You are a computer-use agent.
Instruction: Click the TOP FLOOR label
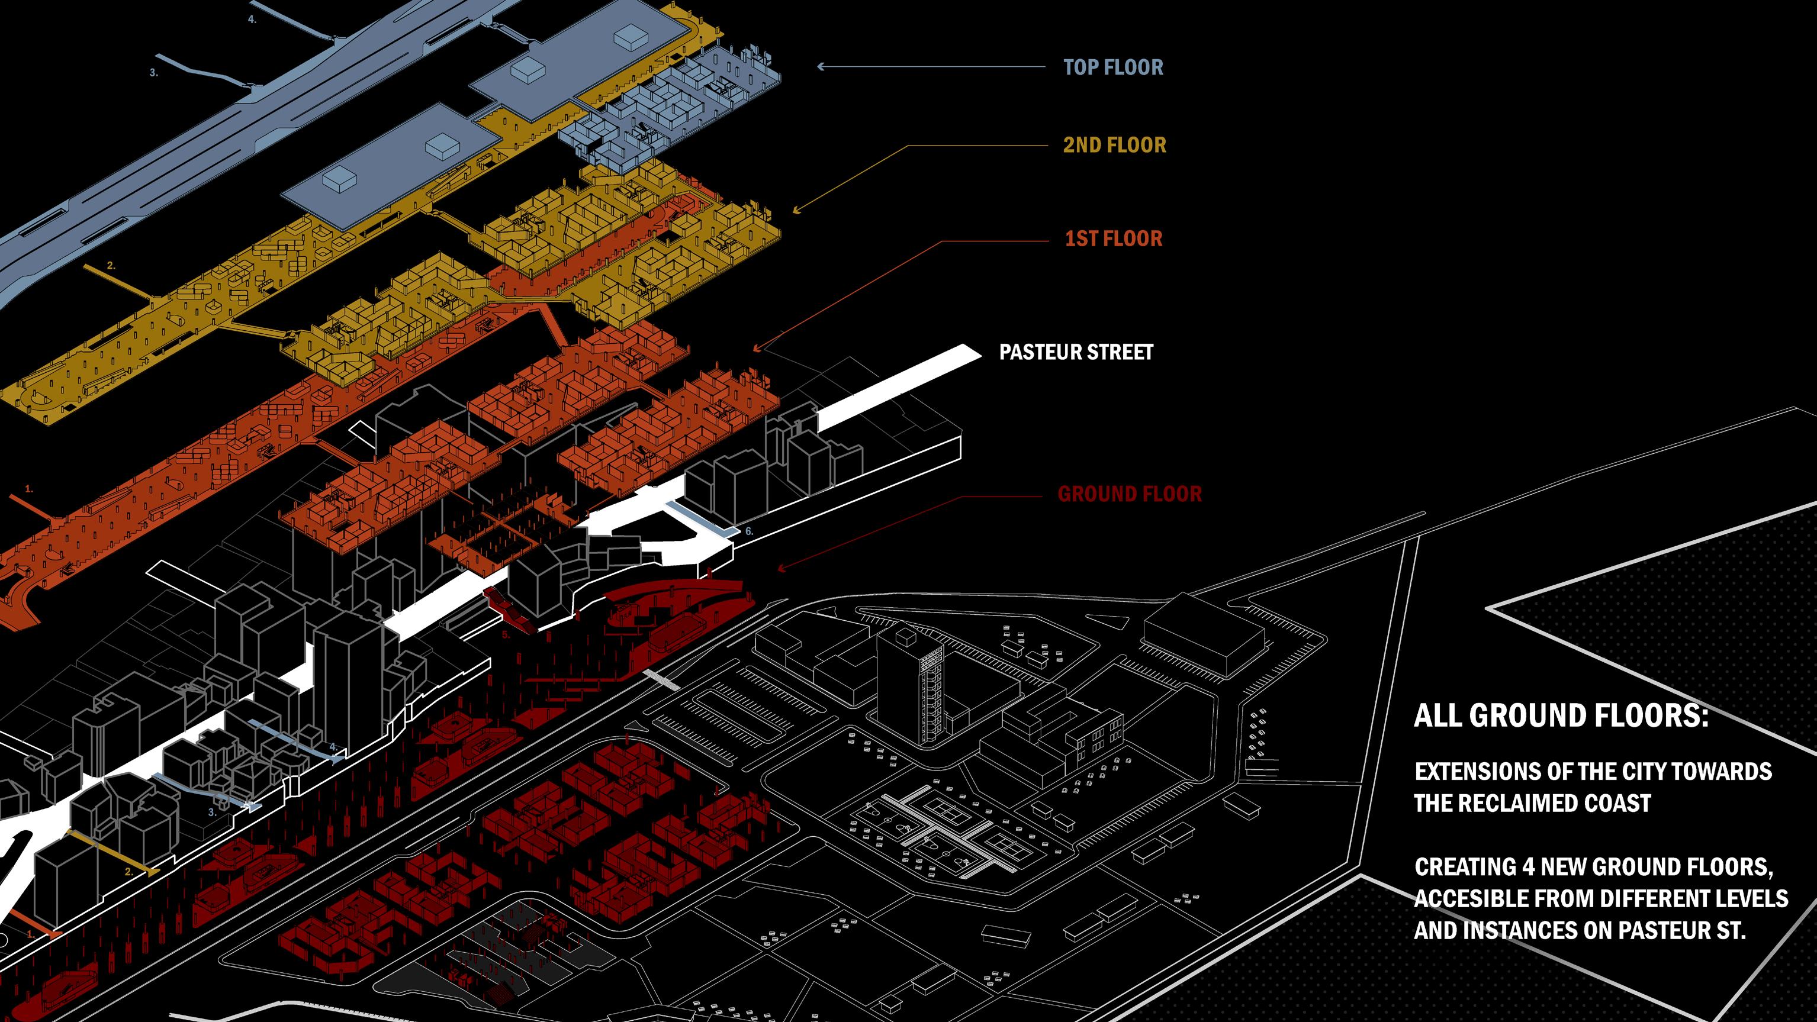coord(1113,67)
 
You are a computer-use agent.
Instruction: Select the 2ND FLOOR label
coord(1114,145)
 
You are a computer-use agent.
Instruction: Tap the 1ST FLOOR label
coord(1113,239)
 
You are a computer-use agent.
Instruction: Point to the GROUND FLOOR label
coord(1129,494)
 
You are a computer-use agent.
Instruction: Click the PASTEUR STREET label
coord(1076,353)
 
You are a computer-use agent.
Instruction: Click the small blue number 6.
coord(749,531)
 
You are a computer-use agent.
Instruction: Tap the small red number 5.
coord(505,635)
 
